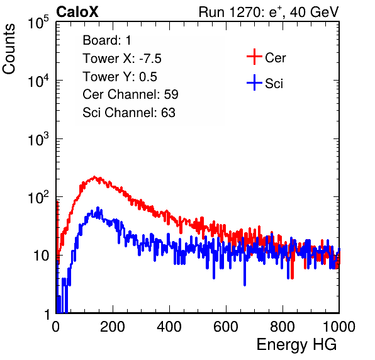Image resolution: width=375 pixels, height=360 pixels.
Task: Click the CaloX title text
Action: [x=77, y=12]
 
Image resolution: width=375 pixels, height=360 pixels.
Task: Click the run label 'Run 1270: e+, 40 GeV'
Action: [x=269, y=12]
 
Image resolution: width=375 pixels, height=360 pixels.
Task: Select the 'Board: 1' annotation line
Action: [x=107, y=40]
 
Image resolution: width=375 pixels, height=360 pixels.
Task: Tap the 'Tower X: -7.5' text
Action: [x=122, y=59]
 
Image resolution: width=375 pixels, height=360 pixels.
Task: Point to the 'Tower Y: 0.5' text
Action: [x=120, y=77]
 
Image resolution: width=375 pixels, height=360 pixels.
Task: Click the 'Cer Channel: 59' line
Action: [x=130, y=94]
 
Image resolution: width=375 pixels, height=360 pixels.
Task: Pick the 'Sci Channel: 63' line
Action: [x=129, y=113]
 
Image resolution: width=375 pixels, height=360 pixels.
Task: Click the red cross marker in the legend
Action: [x=254, y=57]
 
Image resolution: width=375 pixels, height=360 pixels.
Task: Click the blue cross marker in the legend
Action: [x=254, y=82]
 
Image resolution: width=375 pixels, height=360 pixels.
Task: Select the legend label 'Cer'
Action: [x=275, y=58]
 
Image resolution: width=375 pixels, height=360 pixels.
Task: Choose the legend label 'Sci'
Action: [x=274, y=84]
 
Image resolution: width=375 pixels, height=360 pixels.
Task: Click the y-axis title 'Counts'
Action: [x=9, y=48]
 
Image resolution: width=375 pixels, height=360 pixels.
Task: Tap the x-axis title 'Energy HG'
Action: [x=296, y=345]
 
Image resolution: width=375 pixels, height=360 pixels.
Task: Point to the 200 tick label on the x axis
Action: [x=113, y=327]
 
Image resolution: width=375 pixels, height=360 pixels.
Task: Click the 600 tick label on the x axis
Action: [x=226, y=327]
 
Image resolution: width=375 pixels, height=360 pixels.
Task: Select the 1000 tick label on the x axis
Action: [x=339, y=327]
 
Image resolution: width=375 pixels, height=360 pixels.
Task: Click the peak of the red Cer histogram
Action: [x=94, y=177]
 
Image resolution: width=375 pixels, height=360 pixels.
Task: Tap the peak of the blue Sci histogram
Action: [x=98, y=208]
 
